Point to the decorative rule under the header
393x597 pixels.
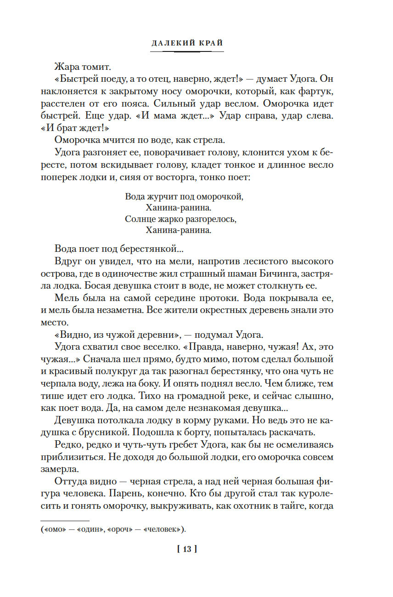[x=187, y=51]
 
